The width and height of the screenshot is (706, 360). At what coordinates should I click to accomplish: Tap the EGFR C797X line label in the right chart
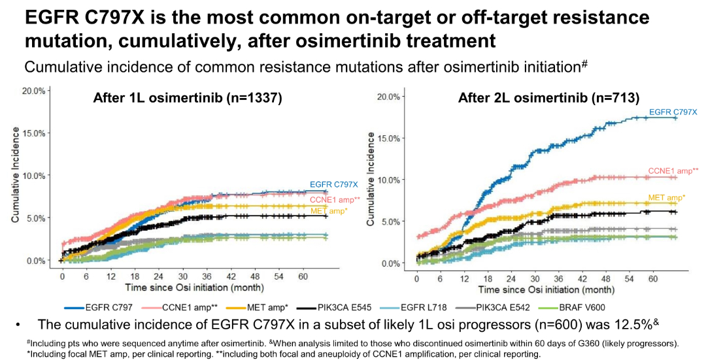(671, 112)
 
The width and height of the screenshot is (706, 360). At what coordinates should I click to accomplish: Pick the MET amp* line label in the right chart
(666, 197)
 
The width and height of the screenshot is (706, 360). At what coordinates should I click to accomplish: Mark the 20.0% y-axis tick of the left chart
(33, 91)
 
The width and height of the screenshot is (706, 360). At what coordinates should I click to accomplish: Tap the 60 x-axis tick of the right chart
(652, 279)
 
